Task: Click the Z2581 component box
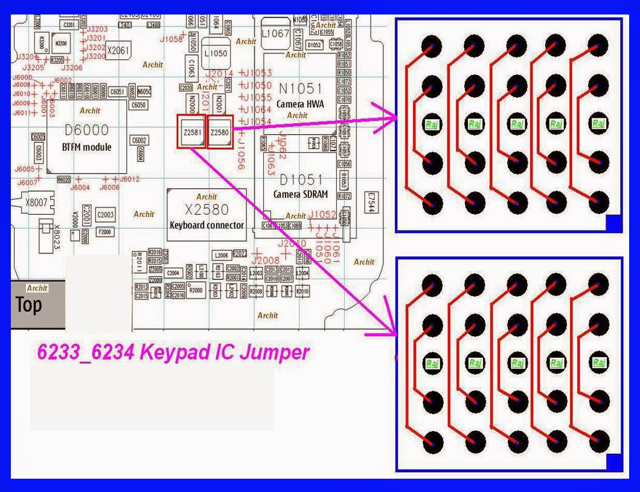(x=191, y=131)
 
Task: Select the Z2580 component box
(x=220, y=131)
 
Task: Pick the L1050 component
(x=216, y=53)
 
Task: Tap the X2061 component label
(x=118, y=51)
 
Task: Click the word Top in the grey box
(x=29, y=305)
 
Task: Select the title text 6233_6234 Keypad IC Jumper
(x=173, y=352)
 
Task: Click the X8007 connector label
(x=36, y=203)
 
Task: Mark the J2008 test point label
(x=266, y=260)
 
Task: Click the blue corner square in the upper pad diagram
(x=613, y=223)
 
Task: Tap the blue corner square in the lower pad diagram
(x=613, y=462)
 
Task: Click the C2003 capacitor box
(x=106, y=215)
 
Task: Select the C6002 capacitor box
(x=139, y=141)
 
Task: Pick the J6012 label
(x=130, y=179)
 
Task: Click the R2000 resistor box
(x=196, y=291)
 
